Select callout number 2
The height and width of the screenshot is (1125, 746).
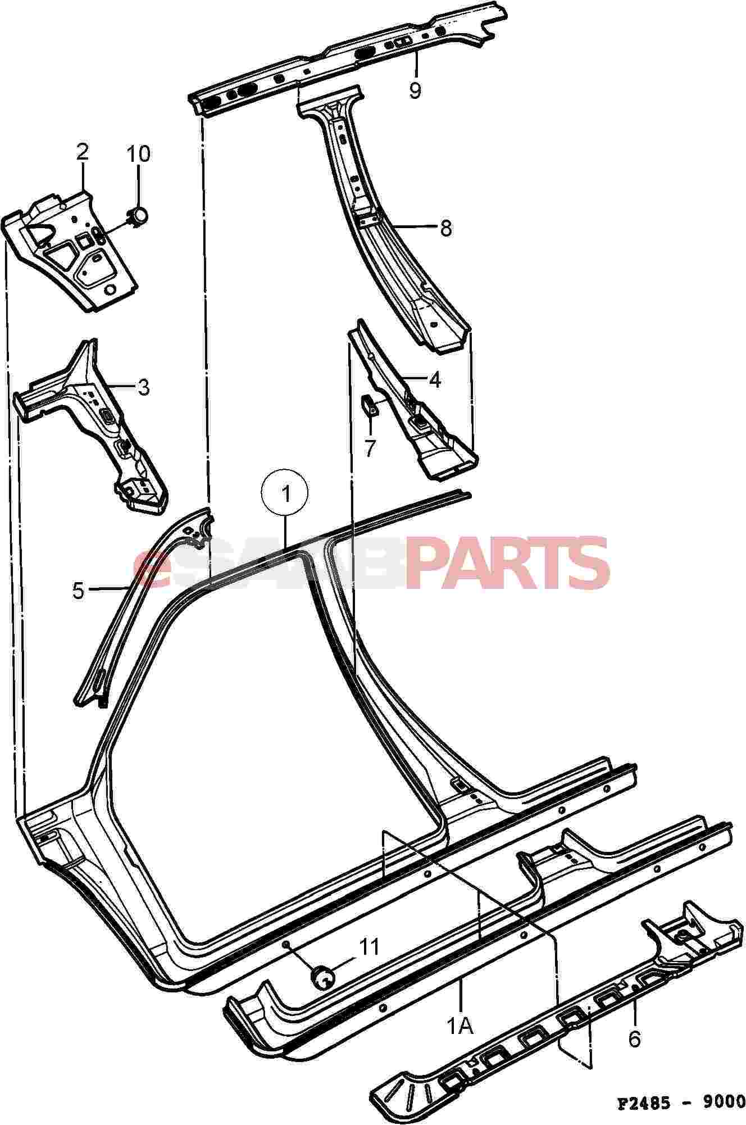point(83,152)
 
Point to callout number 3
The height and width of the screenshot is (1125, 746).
point(143,387)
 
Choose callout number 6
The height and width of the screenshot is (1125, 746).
point(634,1039)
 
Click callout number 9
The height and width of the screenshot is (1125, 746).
point(415,90)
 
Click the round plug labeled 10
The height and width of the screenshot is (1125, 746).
point(138,214)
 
